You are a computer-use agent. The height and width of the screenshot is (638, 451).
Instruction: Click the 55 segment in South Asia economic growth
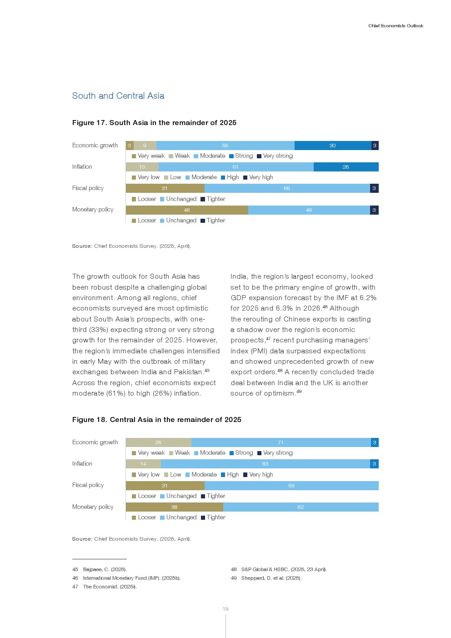click(x=225, y=146)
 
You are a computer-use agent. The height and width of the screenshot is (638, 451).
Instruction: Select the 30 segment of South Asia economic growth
click(x=332, y=146)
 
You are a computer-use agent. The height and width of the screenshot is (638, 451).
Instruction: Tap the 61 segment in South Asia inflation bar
click(x=236, y=167)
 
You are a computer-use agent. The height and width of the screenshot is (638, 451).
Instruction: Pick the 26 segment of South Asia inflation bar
click(x=346, y=167)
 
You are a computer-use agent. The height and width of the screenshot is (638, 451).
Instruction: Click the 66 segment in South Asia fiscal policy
click(x=287, y=188)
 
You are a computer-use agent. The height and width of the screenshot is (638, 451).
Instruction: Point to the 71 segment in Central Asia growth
click(x=281, y=442)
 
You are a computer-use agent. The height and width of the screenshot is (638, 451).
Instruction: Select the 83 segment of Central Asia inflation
click(x=265, y=464)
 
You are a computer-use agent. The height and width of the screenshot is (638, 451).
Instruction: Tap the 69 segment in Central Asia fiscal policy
click(x=291, y=486)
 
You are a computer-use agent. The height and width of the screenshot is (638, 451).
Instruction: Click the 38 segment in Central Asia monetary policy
click(x=174, y=507)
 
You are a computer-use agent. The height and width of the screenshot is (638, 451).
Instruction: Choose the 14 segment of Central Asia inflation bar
click(x=143, y=464)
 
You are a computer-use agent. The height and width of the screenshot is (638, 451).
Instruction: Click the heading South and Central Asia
click(x=118, y=96)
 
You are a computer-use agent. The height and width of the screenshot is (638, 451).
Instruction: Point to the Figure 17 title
click(x=154, y=123)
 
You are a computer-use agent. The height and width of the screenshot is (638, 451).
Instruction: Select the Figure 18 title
click(x=156, y=420)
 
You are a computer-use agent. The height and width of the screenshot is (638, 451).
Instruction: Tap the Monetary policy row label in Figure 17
click(x=93, y=210)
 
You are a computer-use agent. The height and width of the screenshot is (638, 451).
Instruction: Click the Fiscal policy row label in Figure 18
click(x=88, y=485)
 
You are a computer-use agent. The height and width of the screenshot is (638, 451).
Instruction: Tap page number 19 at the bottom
click(x=225, y=609)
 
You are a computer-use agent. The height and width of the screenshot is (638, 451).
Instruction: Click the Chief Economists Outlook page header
click(x=396, y=26)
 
